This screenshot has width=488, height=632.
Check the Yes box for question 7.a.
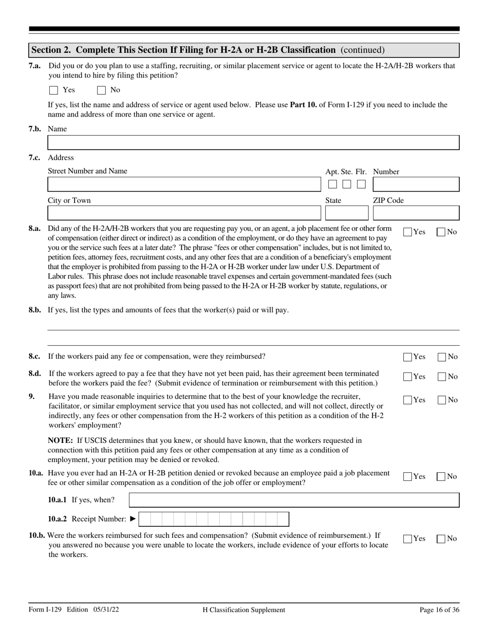(x=53, y=90)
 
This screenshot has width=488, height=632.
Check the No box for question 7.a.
(x=101, y=90)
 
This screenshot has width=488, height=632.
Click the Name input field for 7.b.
(x=253, y=142)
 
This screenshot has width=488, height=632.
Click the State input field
(x=347, y=213)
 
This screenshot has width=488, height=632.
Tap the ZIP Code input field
(x=416, y=213)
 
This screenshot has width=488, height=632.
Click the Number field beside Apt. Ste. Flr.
(x=416, y=184)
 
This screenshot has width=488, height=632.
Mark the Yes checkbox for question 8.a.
(x=408, y=232)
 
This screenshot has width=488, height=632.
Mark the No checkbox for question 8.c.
(x=441, y=357)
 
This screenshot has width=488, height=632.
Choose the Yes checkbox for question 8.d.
(x=408, y=377)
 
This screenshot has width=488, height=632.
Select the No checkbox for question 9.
(x=441, y=400)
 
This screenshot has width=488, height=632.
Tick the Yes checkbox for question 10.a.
(x=408, y=477)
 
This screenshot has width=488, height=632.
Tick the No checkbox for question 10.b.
(x=441, y=539)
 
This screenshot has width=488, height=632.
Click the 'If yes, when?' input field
(x=294, y=500)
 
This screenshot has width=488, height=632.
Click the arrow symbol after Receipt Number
(x=133, y=519)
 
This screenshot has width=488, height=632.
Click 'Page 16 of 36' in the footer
(x=439, y=610)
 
